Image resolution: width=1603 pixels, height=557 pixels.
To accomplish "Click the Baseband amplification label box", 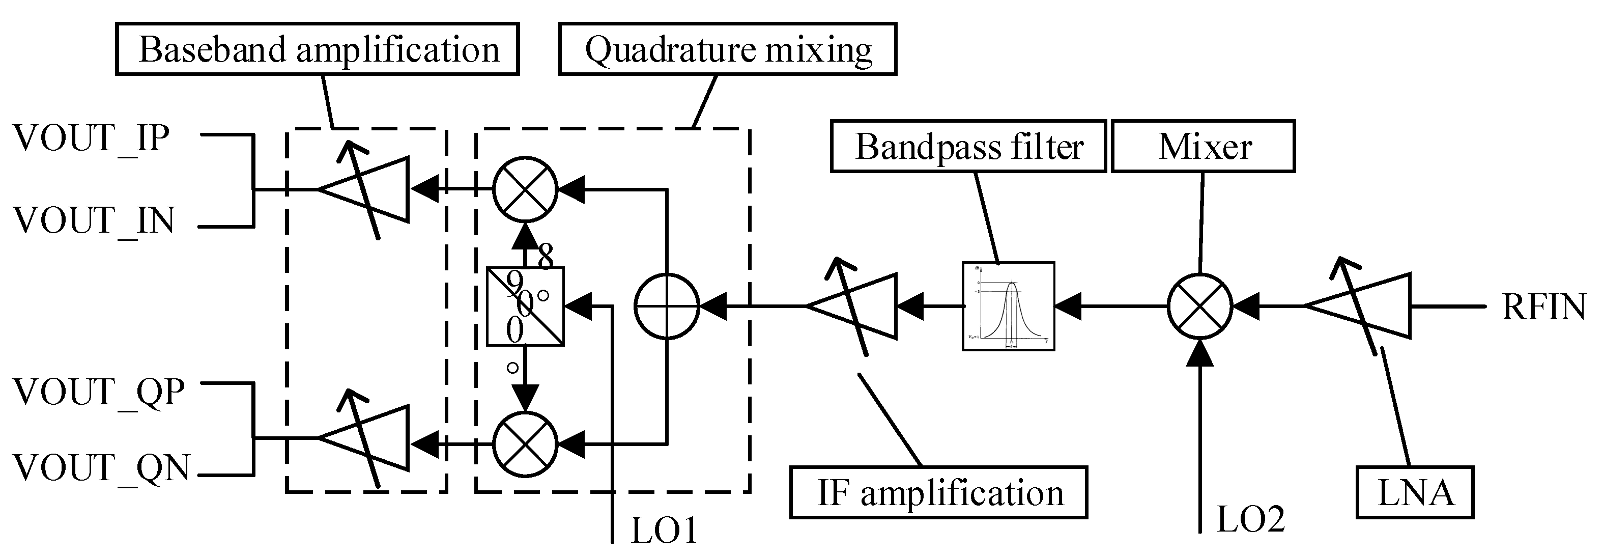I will pyautogui.click(x=318, y=49).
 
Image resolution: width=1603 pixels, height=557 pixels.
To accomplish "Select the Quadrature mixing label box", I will pyautogui.click(x=727, y=49).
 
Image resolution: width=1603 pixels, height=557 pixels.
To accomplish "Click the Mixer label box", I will pyautogui.click(x=1204, y=146).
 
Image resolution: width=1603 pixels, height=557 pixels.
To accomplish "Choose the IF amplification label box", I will pyautogui.click(x=938, y=493).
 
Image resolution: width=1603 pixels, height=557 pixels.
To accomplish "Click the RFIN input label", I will pyautogui.click(x=1543, y=307).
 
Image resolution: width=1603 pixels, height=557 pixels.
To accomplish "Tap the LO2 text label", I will pyautogui.click(x=1249, y=519).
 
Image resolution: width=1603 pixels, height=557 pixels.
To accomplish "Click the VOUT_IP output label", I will pyautogui.click(x=92, y=138).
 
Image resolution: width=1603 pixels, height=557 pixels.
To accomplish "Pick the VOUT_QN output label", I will pyautogui.click(x=101, y=467).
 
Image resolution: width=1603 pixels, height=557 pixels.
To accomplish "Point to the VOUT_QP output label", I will pyautogui.click(x=99, y=392).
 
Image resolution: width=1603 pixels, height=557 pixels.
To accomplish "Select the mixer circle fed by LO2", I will pyautogui.click(x=1200, y=306).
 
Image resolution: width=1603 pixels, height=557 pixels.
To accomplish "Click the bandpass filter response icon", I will pyautogui.click(x=1008, y=306).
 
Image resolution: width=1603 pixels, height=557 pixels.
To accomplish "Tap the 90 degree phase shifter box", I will pyautogui.click(x=525, y=306).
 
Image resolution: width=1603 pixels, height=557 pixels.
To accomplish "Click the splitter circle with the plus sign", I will pyautogui.click(x=667, y=306).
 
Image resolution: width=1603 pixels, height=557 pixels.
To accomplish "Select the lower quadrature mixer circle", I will pyautogui.click(x=525, y=444).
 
